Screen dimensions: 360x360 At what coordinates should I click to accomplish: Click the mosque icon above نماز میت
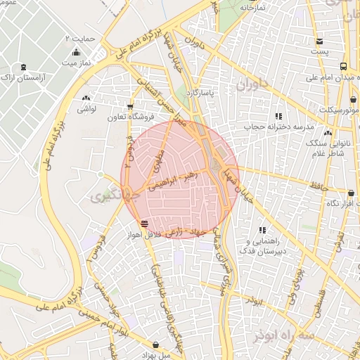click(x=76, y=52)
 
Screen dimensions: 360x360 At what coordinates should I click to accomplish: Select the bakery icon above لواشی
click(x=86, y=99)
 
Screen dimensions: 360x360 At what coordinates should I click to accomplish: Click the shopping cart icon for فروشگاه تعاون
click(x=129, y=106)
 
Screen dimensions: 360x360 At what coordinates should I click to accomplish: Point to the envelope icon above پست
click(x=320, y=41)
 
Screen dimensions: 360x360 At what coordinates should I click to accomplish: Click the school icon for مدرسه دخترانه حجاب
click(x=278, y=116)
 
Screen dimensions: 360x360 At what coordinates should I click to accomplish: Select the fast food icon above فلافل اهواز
click(x=144, y=224)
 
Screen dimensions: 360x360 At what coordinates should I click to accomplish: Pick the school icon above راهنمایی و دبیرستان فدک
click(x=263, y=230)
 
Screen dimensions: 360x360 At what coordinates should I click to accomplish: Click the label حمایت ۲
click(x=84, y=36)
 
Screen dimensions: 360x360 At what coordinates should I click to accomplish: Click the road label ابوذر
click(x=253, y=301)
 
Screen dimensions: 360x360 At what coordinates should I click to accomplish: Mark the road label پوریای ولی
click(x=298, y=278)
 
